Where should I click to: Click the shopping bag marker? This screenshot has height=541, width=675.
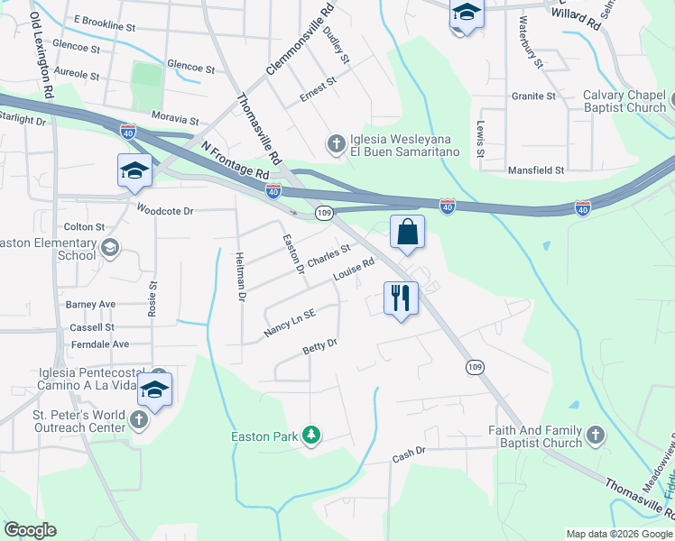click(407, 232)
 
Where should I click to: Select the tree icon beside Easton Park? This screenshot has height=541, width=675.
click(311, 436)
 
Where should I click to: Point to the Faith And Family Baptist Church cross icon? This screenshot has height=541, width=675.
click(595, 436)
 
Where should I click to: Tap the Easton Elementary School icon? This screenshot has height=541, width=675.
click(110, 248)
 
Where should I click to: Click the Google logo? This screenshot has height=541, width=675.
click(30, 530)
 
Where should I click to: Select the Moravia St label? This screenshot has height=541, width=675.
click(175, 119)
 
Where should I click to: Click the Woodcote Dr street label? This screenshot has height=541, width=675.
click(165, 210)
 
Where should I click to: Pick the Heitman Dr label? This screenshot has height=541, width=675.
click(241, 276)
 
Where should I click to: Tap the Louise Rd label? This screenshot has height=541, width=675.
click(354, 270)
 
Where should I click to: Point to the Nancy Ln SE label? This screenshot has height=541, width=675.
click(290, 325)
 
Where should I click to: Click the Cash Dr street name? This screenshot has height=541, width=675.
click(408, 458)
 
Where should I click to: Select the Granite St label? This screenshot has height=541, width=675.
click(533, 96)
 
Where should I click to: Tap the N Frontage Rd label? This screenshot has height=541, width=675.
click(236, 159)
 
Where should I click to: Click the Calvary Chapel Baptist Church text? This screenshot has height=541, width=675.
click(624, 101)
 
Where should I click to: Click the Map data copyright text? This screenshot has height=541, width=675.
click(618, 534)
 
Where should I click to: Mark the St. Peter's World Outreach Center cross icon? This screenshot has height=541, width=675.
click(138, 419)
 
